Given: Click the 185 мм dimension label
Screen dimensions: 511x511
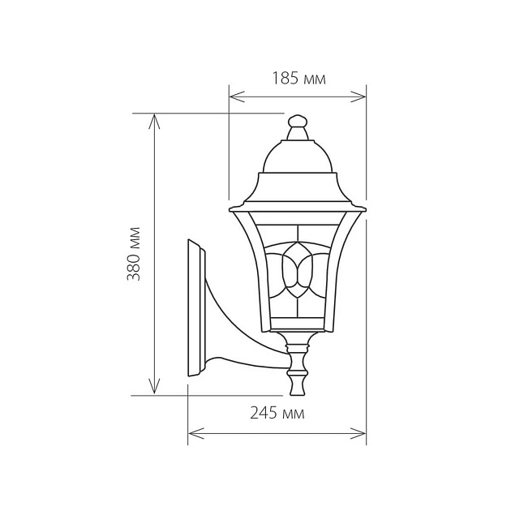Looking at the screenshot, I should coord(298,79).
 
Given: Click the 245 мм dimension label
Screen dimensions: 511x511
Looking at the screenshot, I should coord(277,414).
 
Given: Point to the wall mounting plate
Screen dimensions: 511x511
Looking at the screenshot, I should coord(195,308).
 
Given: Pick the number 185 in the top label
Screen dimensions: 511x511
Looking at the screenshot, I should coord(286,79).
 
